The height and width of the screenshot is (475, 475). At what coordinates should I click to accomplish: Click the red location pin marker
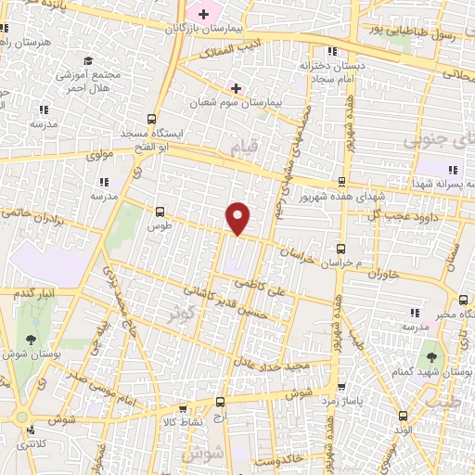coord(238,219)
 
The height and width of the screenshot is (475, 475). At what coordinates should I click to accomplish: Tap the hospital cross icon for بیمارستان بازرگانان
coord(203,14)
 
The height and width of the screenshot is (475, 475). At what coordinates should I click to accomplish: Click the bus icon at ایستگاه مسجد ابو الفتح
coord(152,119)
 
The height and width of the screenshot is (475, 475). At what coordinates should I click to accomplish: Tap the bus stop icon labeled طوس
coord(160,212)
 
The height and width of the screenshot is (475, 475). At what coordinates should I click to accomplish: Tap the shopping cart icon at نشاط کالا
coord(182,408)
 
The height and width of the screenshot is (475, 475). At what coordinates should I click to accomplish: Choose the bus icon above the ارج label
coord(220,402)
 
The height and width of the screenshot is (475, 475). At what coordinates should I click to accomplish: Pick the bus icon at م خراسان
coord(340,249)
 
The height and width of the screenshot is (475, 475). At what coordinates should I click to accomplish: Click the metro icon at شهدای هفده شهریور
coord(342,182)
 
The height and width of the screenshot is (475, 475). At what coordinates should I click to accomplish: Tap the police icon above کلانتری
coord(32,429)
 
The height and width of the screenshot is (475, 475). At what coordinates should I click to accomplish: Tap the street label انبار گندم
coord(33,294)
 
